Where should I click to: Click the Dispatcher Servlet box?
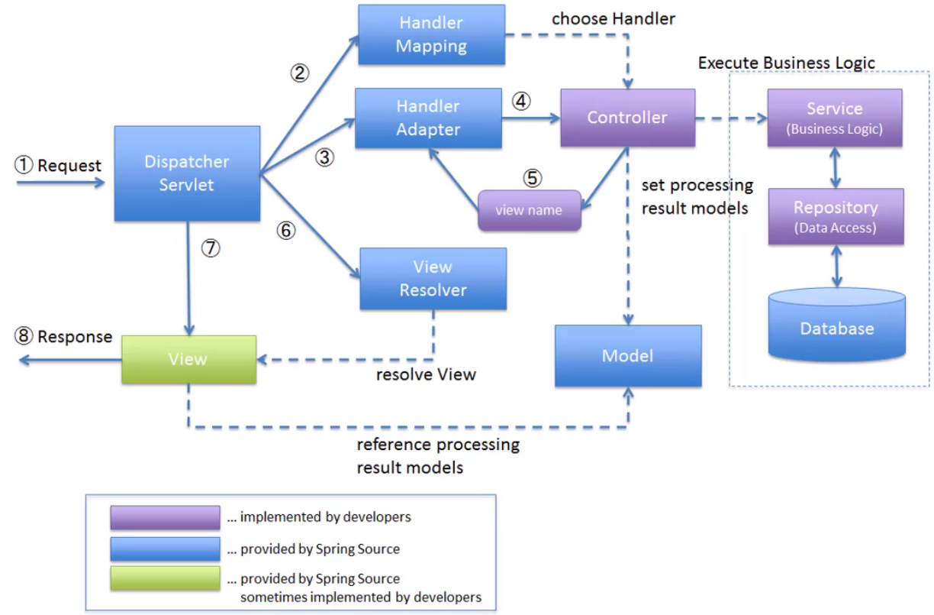pyautogui.click(x=187, y=173)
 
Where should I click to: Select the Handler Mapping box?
pyautogui.click(x=432, y=34)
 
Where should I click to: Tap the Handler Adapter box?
pyautogui.click(x=428, y=118)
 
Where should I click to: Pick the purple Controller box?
pyautogui.click(x=627, y=118)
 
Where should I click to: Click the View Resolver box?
pyautogui.click(x=433, y=279)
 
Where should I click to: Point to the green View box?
pyautogui.click(x=189, y=360)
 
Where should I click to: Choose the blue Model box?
pyautogui.click(x=628, y=356)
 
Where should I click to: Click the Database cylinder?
pyautogui.click(x=837, y=325)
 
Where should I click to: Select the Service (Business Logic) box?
pyautogui.click(x=835, y=118)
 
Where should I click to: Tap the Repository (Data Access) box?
pyautogui.click(x=836, y=216)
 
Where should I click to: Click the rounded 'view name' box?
pyautogui.click(x=530, y=210)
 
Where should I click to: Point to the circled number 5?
pyautogui.click(x=533, y=178)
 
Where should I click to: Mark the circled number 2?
pyautogui.click(x=299, y=73)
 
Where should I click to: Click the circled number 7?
pyautogui.click(x=211, y=248)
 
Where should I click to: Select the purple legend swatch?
pyautogui.click(x=165, y=517)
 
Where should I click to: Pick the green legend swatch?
pyautogui.click(x=165, y=578)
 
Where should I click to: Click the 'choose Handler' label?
pyautogui.click(x=614, y=19)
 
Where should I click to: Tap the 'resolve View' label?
pyautogui.click(x=426, y=374)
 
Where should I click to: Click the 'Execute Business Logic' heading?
pyautogui.click(x=787, y=63)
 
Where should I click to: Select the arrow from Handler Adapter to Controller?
pyautogui.click(x=531, y=118)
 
